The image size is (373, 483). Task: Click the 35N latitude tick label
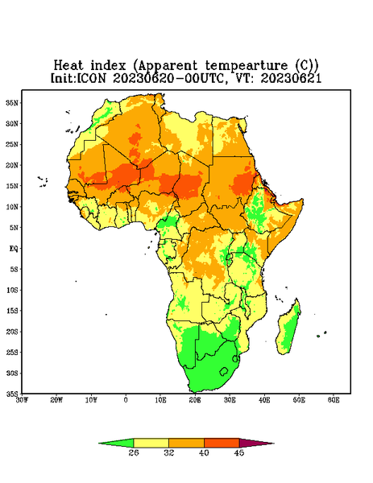pyautogui.click(x=12, y=103)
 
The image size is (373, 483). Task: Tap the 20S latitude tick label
pyautogui.click(x=12, y=332)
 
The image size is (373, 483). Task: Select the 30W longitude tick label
pyautogui.click(x=23, y=400)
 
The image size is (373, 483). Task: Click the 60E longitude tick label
pyautogui.click(x=334, y=400)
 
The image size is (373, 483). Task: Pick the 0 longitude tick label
pyautogui.click(x=126, y=400)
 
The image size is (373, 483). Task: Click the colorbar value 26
pyautogui.click(x=134, y=452)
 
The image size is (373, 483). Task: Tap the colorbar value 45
pyautogui.click(x=239, y=452)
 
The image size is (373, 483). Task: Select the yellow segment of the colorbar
pyautogui.click(x=151, y=443)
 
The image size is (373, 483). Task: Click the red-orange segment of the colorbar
pyautogui.click(x=222, y=443)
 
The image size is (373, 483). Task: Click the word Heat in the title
pyautogui.click(x=68, y=66)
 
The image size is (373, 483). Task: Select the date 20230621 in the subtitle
pyautogui.click(x=291, y=78)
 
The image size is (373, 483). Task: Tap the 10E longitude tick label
pyautogui.click(x=160, y=400)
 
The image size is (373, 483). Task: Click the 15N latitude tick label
pyautogui.click(x=12, y=186)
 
